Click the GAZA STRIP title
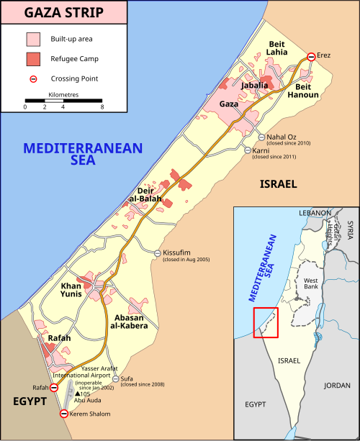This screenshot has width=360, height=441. coord(64,12)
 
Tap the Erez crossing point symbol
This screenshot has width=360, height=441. coord(311,56)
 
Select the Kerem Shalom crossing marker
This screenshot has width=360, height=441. coord(63,414)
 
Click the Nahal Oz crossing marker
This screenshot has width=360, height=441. coord(262,137)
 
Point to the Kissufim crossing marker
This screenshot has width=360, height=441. coord(158,253)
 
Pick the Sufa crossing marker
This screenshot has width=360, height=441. coord(115,378)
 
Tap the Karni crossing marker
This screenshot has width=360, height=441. coord(246,150)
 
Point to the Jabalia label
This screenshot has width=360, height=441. coord(255,86)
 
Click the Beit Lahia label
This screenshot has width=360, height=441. coord(277,48)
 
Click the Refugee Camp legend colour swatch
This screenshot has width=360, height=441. coord(34,58)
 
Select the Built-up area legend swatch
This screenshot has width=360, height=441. coord(34,38)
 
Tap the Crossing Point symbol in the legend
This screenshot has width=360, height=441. coord(34,78)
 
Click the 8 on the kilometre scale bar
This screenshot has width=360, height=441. coord(102,106)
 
